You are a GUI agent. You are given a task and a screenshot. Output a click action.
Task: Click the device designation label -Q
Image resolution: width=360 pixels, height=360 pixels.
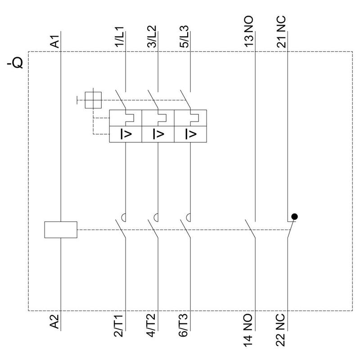15,63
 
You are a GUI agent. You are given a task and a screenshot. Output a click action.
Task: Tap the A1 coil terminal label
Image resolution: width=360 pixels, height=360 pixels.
55,41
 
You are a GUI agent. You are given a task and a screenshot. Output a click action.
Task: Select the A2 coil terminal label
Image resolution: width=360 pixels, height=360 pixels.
54,321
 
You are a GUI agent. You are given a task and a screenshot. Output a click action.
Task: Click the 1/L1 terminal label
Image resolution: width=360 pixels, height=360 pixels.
120,37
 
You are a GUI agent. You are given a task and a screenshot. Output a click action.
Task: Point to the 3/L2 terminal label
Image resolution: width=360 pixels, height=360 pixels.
152,36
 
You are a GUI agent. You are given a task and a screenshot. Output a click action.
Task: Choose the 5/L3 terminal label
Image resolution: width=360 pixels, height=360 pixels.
184,36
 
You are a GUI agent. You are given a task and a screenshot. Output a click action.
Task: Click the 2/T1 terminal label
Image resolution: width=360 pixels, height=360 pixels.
119,326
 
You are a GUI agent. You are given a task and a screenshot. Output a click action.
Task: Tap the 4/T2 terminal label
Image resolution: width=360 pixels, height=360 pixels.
151,326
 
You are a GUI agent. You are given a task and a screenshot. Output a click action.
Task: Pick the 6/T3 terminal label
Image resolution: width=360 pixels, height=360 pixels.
184,326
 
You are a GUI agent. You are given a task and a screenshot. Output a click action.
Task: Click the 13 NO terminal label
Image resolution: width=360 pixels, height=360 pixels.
249,31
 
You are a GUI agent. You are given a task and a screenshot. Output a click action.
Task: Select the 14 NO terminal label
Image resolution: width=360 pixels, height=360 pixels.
248,330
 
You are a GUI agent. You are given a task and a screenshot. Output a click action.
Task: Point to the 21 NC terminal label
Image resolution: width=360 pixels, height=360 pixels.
281,31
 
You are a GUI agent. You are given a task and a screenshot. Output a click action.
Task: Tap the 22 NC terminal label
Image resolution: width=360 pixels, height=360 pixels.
280,330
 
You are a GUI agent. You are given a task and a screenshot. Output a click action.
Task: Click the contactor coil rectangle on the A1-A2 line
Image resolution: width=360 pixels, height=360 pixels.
61,229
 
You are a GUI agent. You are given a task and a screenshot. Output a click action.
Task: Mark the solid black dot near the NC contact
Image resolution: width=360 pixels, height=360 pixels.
294,216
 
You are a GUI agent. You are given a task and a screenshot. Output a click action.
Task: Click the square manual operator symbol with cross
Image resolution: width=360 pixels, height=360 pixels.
93,100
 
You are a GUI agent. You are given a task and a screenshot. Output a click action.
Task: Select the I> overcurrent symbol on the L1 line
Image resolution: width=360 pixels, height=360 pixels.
126,134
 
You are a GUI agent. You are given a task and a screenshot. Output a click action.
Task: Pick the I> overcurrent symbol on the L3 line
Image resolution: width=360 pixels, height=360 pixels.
190,134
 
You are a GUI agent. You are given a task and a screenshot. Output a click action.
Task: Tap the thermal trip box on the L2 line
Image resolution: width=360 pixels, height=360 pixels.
158,118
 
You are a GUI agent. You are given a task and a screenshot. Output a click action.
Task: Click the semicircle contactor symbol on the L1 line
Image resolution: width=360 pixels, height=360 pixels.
123,217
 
